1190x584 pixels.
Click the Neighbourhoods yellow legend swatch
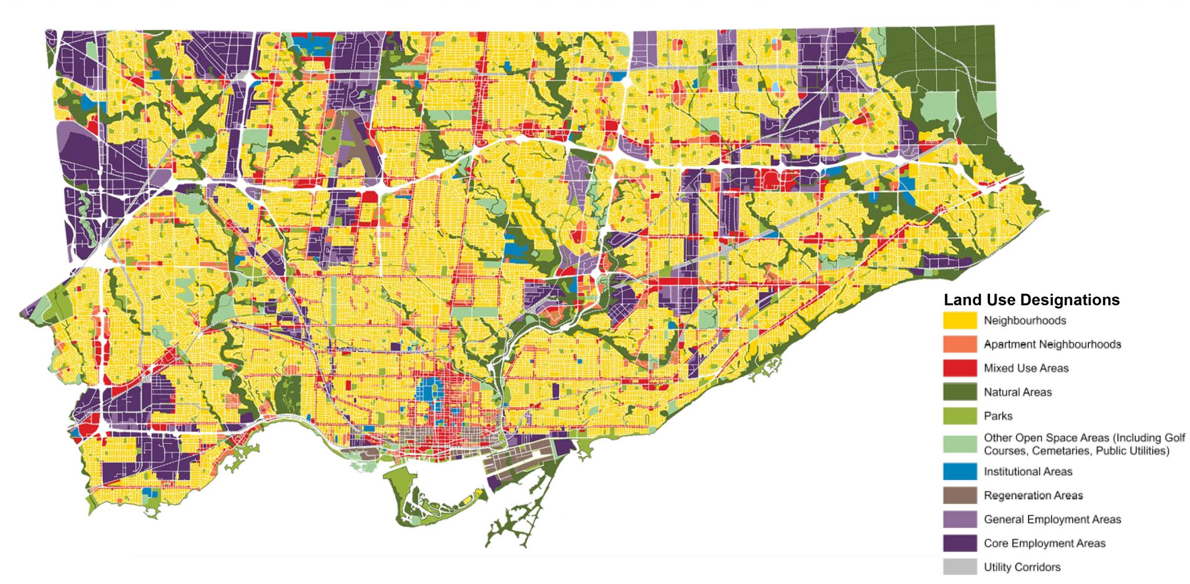coord(959,321)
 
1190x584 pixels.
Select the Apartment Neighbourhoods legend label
coord(1052,345)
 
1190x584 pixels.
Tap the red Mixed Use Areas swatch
coord(959,368)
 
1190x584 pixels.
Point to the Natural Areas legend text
coord(1017,392)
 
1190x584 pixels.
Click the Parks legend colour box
coord(959,416)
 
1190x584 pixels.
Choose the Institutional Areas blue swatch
coord(959,472)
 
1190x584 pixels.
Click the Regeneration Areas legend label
coord(1033,496)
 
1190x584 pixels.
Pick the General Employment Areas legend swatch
coord(959,519)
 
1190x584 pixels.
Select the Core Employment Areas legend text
coord(1044,543)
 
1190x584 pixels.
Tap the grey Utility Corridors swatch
coord(959,567)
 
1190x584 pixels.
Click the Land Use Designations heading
coord(1031,300)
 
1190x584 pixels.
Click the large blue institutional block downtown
coord(430,389)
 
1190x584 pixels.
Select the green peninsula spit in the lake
coord(511,523)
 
